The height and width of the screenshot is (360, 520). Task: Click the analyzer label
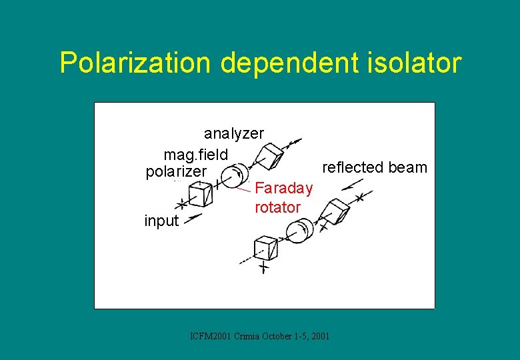pos(234,133)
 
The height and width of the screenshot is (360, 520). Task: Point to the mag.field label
pos(196,155)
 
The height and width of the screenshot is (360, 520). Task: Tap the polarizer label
pos(177,172)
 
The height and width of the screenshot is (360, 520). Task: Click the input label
pos(161,221)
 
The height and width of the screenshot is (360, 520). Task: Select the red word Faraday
pos(284,189)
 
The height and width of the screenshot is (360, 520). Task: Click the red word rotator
pos(277,207)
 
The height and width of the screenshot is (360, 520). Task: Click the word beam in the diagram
pos(409,167)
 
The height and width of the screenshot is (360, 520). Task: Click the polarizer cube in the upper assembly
pos(199,194)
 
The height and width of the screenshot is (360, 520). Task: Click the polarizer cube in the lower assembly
pos(266,248)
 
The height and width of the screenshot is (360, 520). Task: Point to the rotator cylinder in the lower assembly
pos(297,231)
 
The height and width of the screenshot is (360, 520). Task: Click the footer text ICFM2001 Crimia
pos(259,336)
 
